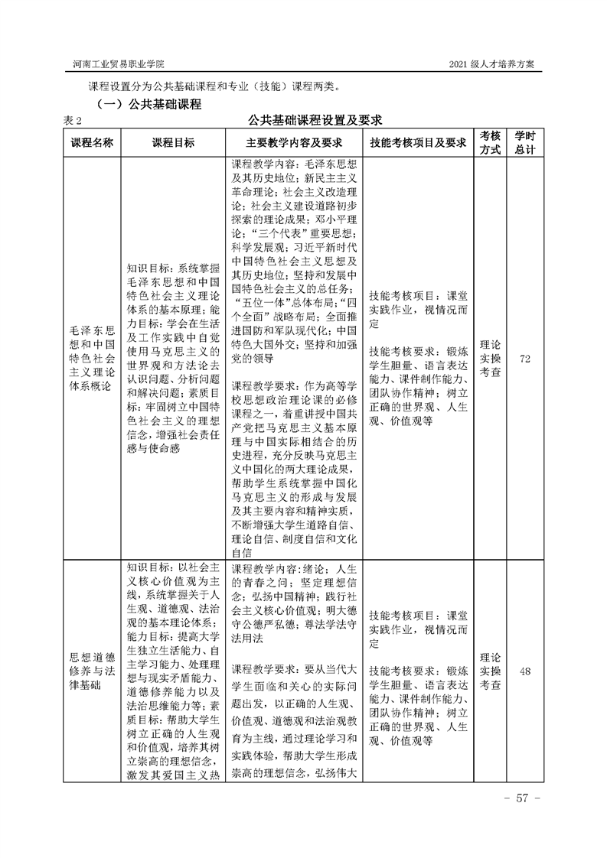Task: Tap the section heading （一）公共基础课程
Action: (x=148, y=103)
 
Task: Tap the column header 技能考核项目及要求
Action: (x=417, y=143)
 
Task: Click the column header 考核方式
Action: (x=490, y=143)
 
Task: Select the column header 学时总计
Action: (x=525, y=143)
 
